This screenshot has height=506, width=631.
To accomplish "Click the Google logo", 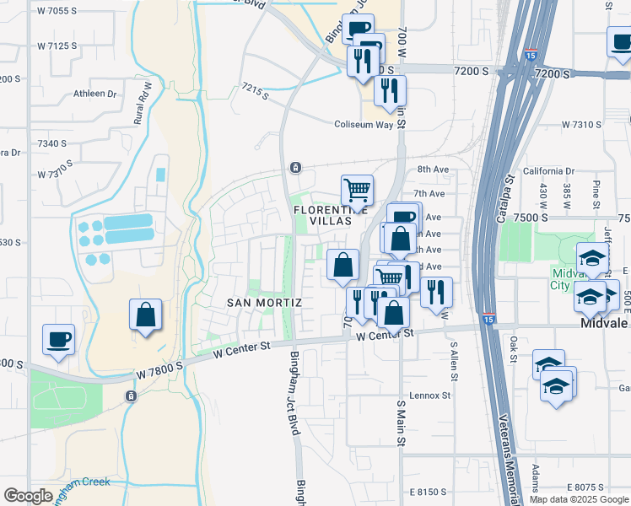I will (28, 496).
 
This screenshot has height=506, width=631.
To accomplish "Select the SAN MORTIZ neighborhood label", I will (265, 302).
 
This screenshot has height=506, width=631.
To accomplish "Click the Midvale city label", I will (605, 323).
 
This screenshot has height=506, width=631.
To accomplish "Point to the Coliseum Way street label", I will (364, 124).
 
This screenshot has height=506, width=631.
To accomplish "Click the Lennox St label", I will (430, 395).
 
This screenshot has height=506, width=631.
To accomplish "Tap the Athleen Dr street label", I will (95, 94).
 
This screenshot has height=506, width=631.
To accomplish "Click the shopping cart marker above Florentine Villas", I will (357, 191).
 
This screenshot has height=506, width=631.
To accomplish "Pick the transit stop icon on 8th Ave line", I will (295, 167).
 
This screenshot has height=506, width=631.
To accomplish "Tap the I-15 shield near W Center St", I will (490, 319).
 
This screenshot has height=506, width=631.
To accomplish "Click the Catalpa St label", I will (510, 193).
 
